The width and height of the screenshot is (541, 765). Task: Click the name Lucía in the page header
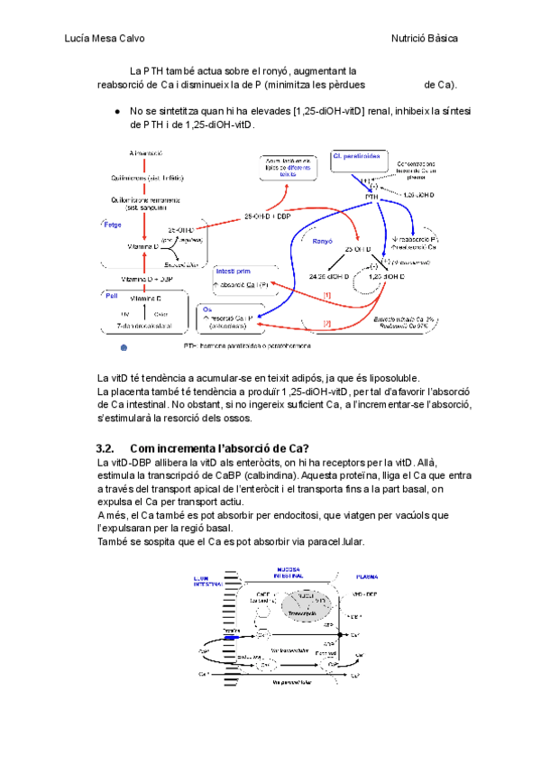tap(80, 39)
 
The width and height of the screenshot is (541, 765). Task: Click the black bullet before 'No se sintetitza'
tap(118, 111)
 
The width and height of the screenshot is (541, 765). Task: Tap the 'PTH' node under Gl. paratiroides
tap(371, 195)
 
